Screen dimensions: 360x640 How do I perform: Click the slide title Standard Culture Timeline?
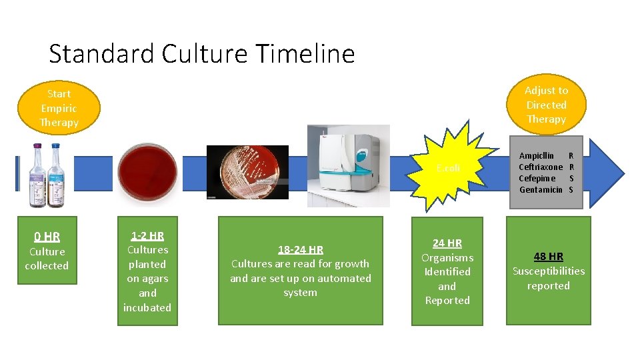point(201,53)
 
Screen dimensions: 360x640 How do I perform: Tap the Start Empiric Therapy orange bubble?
point(59,108)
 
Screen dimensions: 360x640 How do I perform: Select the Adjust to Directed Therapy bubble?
point(546,105)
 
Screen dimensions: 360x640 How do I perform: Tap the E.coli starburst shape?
point(447,169)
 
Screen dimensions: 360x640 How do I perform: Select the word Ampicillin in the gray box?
point(537,155)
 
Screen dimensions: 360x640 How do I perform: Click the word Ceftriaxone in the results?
point(541,167)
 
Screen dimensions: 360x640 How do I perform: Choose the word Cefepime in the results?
point(537,178)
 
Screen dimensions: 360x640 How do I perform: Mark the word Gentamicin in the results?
point(541,190)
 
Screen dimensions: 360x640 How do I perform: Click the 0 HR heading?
point(47,237)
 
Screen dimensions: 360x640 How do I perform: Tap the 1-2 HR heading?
point(147,235)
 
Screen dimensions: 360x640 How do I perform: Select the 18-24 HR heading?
point(300,249)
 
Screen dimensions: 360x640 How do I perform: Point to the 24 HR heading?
point(447,243)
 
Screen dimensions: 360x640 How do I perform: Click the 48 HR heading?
point(548,256)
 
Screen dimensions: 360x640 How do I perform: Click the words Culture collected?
point(47,259)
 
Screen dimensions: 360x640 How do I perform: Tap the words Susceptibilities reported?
point(548,278)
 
